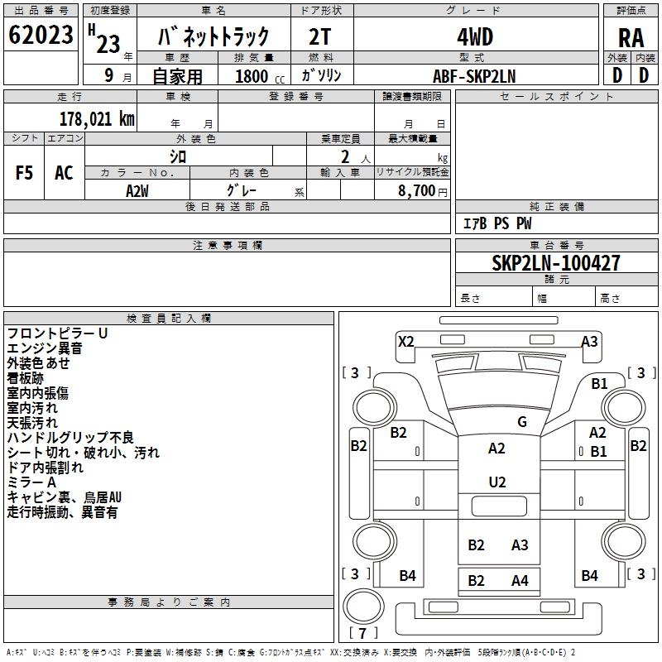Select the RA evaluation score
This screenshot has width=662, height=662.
click(x=631, y=37)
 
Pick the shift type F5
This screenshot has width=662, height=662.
click(x=24, y=173)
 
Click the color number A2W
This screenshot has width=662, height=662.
click(x=137, y=190)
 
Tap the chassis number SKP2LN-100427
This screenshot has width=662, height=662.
click(x=555, y=263)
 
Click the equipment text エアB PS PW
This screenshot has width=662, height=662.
click(x=496, y=223)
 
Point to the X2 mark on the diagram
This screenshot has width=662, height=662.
click(x=405, y=341)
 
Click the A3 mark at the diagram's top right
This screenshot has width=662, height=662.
click(x=589, y=341)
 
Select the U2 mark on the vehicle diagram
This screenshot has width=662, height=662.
click(x=496, y=482)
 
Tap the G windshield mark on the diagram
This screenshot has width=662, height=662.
click(x=521, y=421)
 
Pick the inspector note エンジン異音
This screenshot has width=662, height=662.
click(x=46, y=348)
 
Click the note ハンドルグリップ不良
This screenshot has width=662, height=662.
click(x=70, y=438)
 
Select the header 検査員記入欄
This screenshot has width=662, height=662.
click(x=169, y=318)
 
